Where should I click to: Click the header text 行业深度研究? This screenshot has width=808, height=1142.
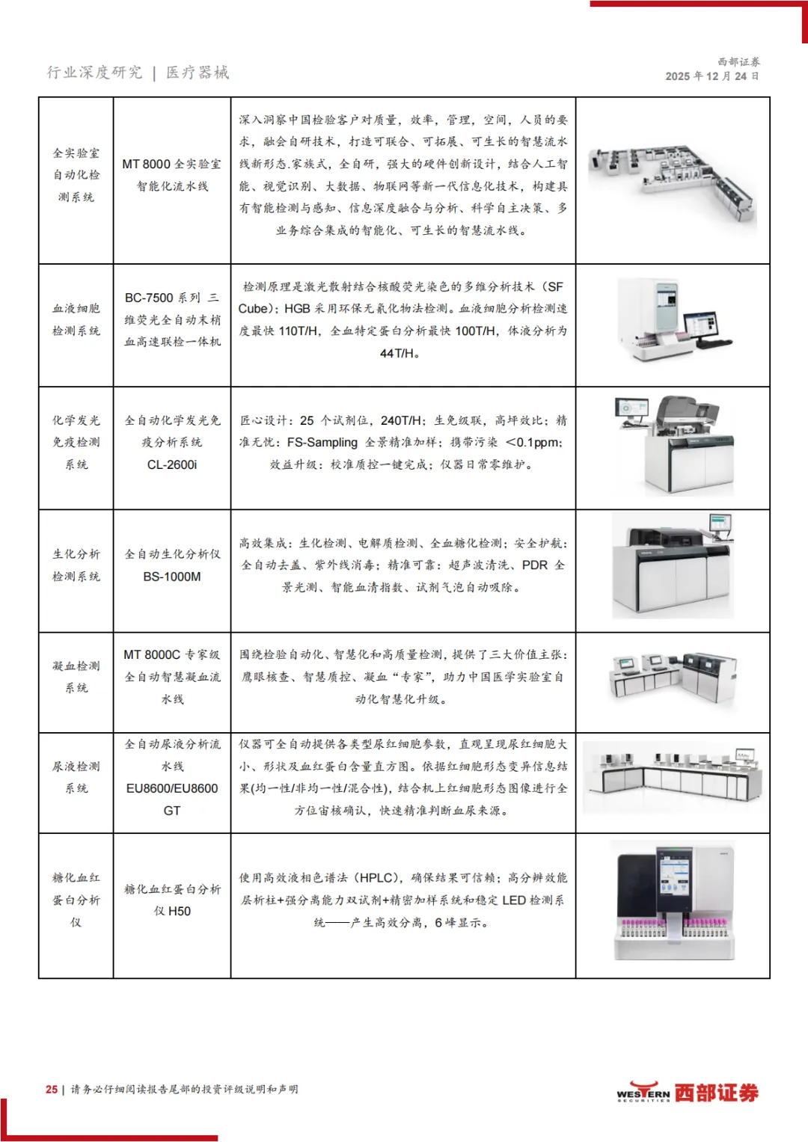point(94,73)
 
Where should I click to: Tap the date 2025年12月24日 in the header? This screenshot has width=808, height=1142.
point(711,76)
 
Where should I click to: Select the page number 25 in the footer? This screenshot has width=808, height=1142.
point(52,1090)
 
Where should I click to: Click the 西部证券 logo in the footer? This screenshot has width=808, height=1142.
point(687,1093)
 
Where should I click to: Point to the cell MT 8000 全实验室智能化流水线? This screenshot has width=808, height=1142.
point(172,175)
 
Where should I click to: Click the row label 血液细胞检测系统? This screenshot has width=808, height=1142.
point(76,319)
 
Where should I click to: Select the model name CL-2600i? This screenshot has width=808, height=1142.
point(172,464)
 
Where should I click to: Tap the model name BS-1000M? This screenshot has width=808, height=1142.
point(172,577)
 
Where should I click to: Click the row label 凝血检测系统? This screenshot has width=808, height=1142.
point(76,677)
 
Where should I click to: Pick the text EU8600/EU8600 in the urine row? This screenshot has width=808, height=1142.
point(172,788)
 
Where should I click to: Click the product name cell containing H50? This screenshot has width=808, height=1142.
point(172,900)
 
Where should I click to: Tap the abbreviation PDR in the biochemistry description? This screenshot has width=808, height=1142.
point(534,565)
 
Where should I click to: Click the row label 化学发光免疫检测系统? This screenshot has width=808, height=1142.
point(76,442)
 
